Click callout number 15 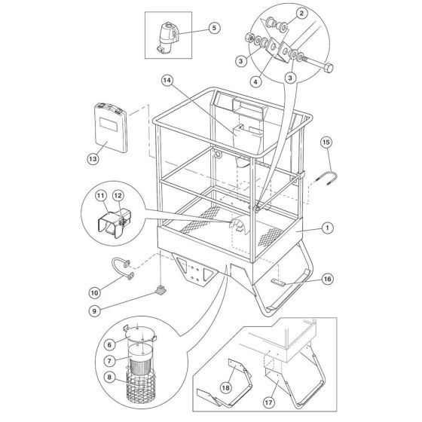[326, 142]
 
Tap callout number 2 [301, 13]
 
